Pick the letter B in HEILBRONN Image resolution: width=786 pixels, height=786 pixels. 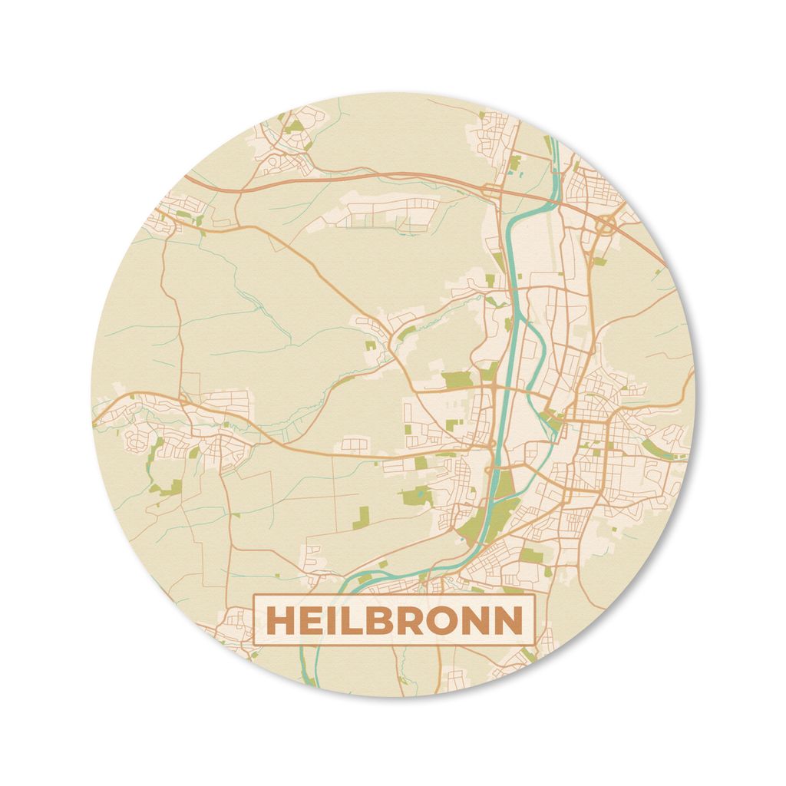click(x=384, y=622)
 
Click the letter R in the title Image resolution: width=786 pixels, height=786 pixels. click(x=417, y=622)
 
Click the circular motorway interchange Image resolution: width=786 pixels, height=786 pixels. click(x=606, y=224)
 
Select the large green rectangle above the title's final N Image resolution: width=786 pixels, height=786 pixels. click(x=531, y=554)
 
